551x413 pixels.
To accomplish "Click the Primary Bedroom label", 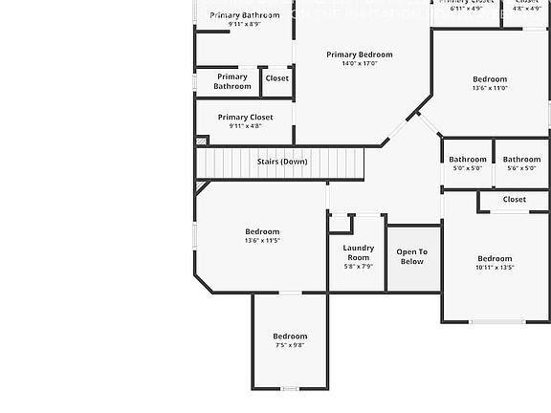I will pos(359,54).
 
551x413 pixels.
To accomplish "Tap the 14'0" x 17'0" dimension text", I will pos(359,64).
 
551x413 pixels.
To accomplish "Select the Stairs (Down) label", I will pos(282,162).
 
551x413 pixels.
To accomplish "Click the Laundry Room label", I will pos(358,252).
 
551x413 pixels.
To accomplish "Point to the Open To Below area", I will pos(412,256).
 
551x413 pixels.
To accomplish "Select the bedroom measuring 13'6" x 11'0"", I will pos(490,83).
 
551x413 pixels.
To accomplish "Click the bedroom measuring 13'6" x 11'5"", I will pos(262,235).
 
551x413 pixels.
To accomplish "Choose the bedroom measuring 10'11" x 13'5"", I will pos(495,262).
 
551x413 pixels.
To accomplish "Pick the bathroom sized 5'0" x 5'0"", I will pos(468,163).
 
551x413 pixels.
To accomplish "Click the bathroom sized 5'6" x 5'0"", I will pos(521,163).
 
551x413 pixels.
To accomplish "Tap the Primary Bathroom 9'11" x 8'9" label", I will pos(245,19).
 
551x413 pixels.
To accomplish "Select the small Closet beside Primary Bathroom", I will pos(276,78).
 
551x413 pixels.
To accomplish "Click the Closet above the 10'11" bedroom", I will pos(514,200).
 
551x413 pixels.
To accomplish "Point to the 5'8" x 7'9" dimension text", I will pos(358,267).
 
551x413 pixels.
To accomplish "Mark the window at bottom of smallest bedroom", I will pos(290,388).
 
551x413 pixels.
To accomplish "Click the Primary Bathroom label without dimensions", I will pos(231,81).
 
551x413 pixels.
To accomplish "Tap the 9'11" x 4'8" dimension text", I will pos(245,126).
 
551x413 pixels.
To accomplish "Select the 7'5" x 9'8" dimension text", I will pos(290,345).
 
